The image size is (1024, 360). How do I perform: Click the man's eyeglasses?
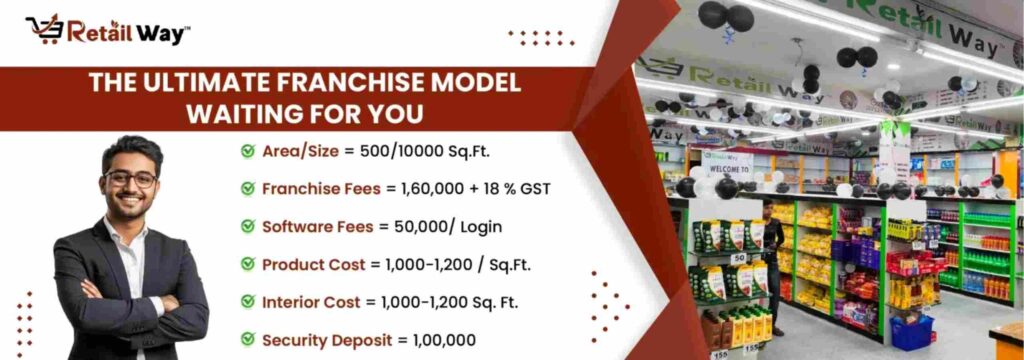pos(131,180)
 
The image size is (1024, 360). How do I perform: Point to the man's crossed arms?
pos(120,300)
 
